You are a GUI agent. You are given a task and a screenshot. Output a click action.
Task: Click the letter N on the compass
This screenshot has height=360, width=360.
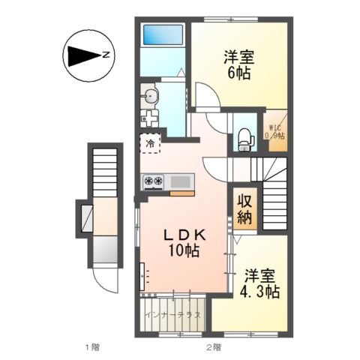pos(106,55)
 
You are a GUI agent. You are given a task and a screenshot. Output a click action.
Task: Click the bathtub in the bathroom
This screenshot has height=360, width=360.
pos(163,34)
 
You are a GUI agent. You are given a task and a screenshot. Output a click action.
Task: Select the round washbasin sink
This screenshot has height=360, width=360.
pos(151,95)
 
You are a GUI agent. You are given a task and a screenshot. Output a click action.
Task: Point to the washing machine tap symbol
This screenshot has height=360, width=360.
pos(149,118)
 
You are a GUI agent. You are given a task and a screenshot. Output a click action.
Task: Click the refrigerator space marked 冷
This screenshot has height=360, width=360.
pos(150,143)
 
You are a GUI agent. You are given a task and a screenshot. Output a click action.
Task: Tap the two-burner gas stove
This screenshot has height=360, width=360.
pos(153,181)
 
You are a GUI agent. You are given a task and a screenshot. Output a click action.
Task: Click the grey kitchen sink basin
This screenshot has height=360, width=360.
pos(180,181)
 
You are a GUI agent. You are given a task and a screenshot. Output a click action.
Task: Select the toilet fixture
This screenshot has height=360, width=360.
pos(245,139)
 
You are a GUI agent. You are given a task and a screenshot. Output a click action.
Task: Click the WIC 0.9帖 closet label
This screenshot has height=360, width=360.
pos(274,132)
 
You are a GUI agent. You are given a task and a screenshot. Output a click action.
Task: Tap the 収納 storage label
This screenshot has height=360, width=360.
pos(244,208)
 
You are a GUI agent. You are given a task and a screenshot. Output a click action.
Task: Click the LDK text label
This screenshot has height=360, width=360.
pos(184,235)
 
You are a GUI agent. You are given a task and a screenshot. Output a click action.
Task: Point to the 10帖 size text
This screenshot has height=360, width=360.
pos(184,250)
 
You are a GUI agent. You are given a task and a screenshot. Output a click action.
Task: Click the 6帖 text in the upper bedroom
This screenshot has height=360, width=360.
pos(238,73)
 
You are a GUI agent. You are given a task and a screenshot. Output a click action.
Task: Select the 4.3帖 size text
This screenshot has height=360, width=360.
pos(259,291)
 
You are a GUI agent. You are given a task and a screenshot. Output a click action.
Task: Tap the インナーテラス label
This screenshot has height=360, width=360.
pos(173,315)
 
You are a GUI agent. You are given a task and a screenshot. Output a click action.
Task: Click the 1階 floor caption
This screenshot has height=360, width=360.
pos(92,347)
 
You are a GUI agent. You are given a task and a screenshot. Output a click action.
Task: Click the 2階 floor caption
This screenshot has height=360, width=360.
pos(214,347)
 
